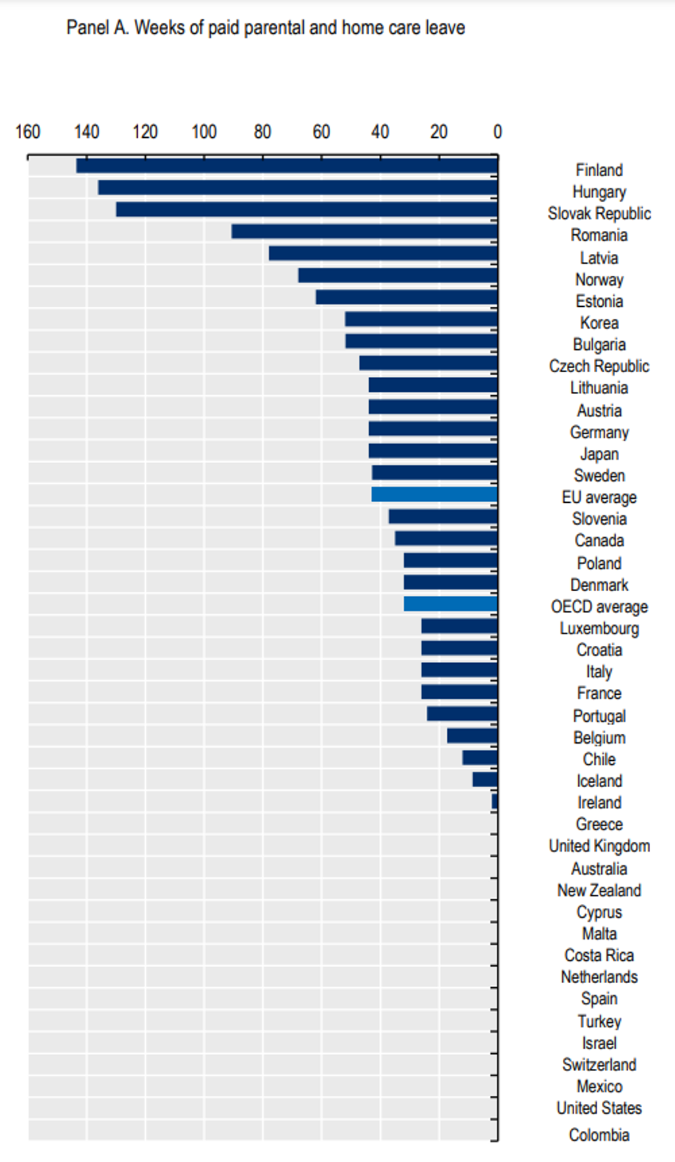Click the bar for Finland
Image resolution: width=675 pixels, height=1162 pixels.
pyautogui.click(x=287, y=166)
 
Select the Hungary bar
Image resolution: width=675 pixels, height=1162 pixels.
pyautogui.click(x=298, y=187)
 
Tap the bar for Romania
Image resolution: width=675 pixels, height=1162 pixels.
pyautogui.click(x=365, y=232)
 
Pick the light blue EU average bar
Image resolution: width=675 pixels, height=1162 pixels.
pyautogui.click(x=434, y=494)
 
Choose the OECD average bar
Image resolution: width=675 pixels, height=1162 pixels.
pyautogui.click(x=451, y=604)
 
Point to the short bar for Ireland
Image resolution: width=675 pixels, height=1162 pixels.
pyautogui.click(x=494, y=801)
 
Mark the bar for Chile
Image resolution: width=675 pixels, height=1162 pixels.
pyautogui.click(x=480, y=758)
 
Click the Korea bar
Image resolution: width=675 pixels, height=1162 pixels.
pyautogui.click(x=421, y=319)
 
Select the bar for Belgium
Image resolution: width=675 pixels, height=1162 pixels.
pyautogui.click(x=472, y=736)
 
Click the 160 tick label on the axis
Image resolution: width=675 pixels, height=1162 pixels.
pyautogui.click(x=28, y=132)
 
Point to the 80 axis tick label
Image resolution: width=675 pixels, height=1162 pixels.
pyautogui.click(x=262, y=132)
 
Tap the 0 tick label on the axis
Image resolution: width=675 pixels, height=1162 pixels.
pyautogui.click(x=498, y=132)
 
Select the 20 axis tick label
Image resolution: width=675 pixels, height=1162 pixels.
pyautogui.click(x=439, y=132)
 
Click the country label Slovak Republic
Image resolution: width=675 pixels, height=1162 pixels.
pyautogui.click(x=599, y=214)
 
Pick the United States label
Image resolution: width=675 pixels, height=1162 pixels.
pyautogui.click(x=599, y=1108)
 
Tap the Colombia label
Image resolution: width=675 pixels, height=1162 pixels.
pyautogui.click(x=599, y=1135)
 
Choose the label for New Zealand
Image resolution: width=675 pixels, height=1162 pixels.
pyautogui.click(x=599, y=890)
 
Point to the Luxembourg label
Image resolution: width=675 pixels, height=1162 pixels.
pyautogui.click(x=599, y=628)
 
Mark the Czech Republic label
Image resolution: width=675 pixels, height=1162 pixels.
pyautogui.click(x=599, y=366)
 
